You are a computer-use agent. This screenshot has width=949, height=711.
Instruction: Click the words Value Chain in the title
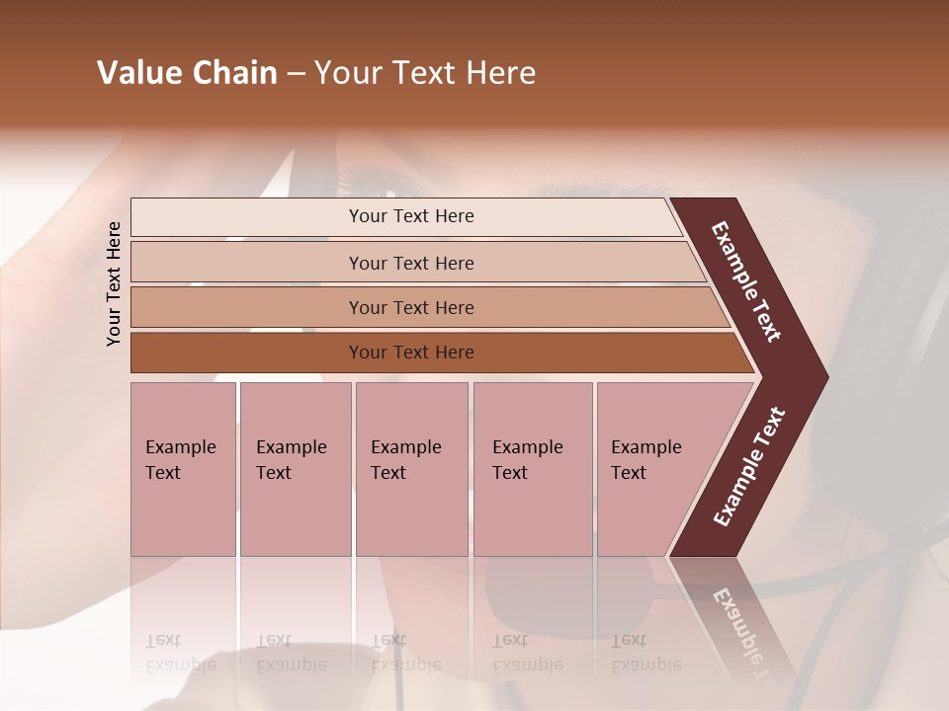pyautogui.click(x=187, y=73)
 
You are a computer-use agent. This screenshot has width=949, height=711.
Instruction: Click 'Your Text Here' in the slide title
pyautogui.click(x=425, y=73)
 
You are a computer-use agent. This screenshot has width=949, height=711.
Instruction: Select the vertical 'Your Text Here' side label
pyautogui.click(x=114, y=283)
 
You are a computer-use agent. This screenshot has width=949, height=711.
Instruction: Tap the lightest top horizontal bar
pyautogui.click(x=410, y=216)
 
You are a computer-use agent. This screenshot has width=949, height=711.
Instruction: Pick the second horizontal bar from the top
pyautogui.click(x=410, y=263)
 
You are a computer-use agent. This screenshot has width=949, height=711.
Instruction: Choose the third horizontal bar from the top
pyautogui.click(x=410, y=307)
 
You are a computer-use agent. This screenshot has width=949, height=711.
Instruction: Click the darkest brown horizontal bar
pyautogui.click(x=410, y=353)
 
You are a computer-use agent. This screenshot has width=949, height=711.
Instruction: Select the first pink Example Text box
pyautogui.click(x=183, y=469)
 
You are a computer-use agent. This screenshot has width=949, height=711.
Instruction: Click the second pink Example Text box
pyautogui.click(x=295, y=469)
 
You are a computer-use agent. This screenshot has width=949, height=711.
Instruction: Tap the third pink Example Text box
pyautogui.click(x=410, y=469)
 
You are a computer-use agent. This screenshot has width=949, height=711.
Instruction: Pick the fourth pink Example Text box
pyautogui.click(x=532, y=469)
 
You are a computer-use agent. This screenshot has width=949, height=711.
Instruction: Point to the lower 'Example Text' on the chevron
pyautogui.click(x=749, y=466)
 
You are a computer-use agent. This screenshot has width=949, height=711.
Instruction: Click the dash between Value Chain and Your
pyautogui.click(x=296, y=74)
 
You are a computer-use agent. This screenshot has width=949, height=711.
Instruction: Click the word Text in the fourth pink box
pyautogui.click(x=510, y=473)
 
